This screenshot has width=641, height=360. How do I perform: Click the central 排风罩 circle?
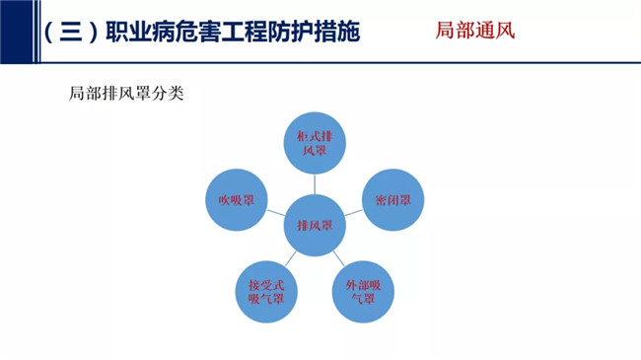[x=315, y=226]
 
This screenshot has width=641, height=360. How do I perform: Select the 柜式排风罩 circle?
[x=315, y=143]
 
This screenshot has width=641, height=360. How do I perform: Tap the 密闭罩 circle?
[x=392, y=200]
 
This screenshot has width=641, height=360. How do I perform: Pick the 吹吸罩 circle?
[x=237, y=200]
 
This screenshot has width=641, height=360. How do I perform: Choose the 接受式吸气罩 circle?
[x=266, y=292]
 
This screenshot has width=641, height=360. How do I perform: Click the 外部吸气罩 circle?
[x=363, y=292]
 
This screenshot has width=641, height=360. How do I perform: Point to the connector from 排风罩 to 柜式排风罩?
[x=315, y=184]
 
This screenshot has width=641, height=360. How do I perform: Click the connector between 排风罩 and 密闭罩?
[x=354, y=213]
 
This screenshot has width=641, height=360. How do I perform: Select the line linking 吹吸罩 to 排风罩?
[x=275, y=213]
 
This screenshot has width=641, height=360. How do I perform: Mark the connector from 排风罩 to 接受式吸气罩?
[x=291, y=258]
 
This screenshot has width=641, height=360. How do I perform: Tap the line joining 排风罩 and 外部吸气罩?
[x=339, y=258]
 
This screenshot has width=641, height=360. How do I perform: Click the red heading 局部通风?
[x=475, y=31]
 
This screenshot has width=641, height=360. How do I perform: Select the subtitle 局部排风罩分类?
[x=126, y=94]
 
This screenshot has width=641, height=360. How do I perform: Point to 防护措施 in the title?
[x=314, y=32]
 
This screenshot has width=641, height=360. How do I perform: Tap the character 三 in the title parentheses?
[x=71, y=32]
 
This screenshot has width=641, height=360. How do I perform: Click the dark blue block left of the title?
[x=17, y=32]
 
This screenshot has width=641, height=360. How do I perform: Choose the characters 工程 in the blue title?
[x=245, y=32]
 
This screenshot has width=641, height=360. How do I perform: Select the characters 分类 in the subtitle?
[x=168, y=94]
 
